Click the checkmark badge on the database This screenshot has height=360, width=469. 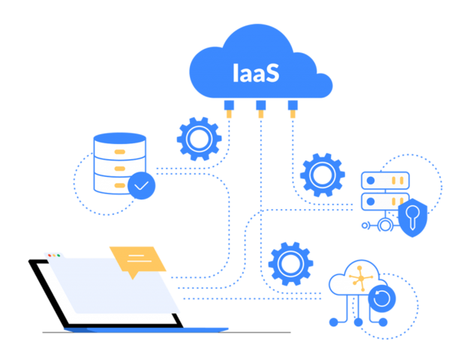click(x=142, y=185)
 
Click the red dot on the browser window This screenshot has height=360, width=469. click(x=50, y=256)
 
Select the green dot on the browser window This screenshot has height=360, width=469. click(x=59, y=256)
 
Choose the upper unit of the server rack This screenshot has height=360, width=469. click(x=385, y=180)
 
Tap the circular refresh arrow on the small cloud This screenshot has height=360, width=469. click(x=382, y=298)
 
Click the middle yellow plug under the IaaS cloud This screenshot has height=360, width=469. click(x=260, y=114)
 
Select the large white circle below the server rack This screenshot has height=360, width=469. click(x=386, y=224)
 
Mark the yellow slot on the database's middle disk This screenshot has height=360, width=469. click(x=119, y=168)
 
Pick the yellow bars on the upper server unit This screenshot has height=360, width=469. click(x=375, y=180)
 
